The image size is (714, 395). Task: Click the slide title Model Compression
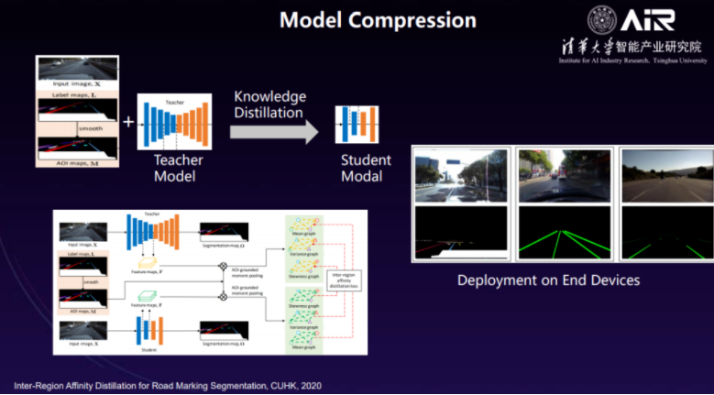coord(378,19)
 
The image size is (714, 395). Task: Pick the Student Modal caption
coord(366,168)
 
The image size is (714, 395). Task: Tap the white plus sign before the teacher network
coord(127,119)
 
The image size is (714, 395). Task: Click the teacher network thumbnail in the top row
coord(174,122)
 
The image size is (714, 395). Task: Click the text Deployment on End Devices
coord(548,280)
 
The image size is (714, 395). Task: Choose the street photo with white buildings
coord(461,176)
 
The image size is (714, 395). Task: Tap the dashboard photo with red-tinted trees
coord(560,176)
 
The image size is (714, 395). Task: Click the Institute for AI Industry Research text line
coord(632,60)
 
